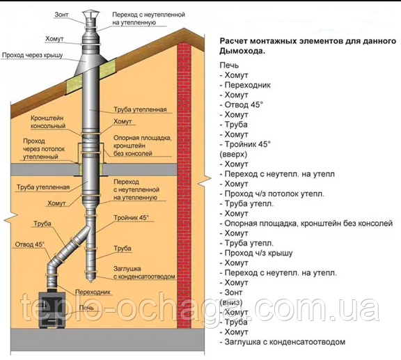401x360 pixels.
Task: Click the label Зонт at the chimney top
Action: (x=62, y=15)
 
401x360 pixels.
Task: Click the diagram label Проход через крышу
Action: (x=33, y=55)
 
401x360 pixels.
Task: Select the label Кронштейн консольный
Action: (x=48, y=122)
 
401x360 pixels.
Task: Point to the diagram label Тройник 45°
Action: (x=131, y=218)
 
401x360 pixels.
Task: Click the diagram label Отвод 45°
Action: (x=30, y=244)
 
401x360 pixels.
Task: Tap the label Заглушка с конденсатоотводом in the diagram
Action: (x=144, y=272)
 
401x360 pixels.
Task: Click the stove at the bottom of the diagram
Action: (x=52, y=309)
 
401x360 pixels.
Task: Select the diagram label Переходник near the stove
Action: (x=93, y=292)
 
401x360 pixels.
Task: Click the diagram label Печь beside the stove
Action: (x=86, y=307)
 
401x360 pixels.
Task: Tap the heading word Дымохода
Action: (x=242, y=51)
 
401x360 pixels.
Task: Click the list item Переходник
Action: (x=245, y=85)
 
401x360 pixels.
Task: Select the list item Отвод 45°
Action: (x=242, y=104)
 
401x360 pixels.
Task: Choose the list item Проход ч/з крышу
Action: (x=256, y=253)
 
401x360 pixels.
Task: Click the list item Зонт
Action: (x=231, y=292)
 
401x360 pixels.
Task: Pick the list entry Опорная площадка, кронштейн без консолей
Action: (x=306, y=224)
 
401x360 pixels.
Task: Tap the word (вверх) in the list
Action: (x=233, y=155)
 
